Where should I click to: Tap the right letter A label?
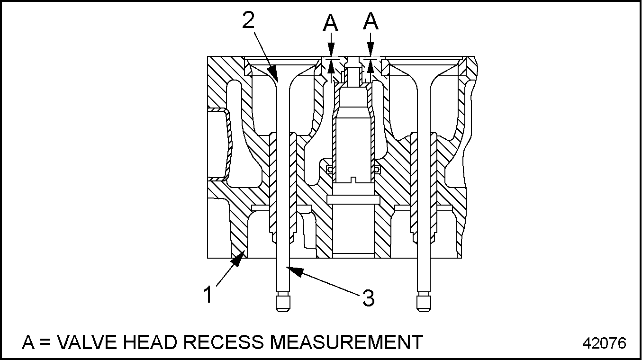(x=371, y=22)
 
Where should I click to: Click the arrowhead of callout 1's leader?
(x=241, y=257)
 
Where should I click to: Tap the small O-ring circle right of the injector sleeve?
(x=377, y=169)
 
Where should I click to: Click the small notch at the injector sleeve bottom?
(x=353, y=180)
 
